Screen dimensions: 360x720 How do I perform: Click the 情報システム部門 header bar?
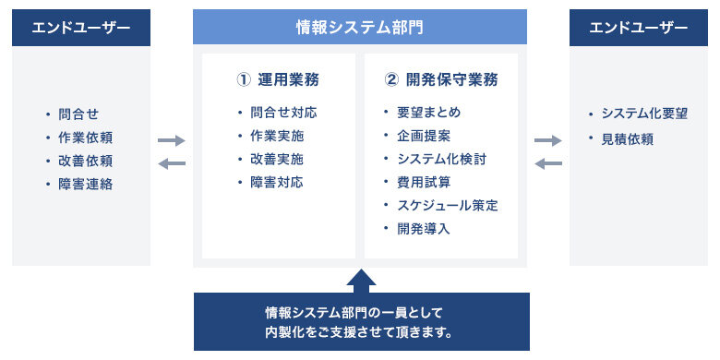click(359, 28)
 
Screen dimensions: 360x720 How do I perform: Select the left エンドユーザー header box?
click(81, 28)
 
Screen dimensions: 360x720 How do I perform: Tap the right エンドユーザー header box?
click(639, 28)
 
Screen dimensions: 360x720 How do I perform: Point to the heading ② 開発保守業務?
click(440, 79)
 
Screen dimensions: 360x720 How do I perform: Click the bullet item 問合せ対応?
click(283, 113)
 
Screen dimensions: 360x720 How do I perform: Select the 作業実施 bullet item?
click(277, 136)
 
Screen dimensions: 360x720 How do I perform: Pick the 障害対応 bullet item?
click(277, 182)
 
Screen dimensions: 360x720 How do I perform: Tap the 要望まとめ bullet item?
click(428, 113)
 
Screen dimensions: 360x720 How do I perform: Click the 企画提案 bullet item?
click(424, 136)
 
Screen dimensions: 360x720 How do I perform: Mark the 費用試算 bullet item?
click(424, 182)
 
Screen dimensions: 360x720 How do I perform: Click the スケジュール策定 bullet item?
click(447, 205)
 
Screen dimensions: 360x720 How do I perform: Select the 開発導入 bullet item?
click(424, 228)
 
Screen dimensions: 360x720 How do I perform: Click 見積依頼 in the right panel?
click(627, 138)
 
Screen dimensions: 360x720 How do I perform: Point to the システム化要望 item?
click(644, 114)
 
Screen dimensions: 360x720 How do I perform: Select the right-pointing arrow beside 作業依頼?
click(172, 140)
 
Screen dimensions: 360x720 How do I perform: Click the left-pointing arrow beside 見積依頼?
click(549, 163)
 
